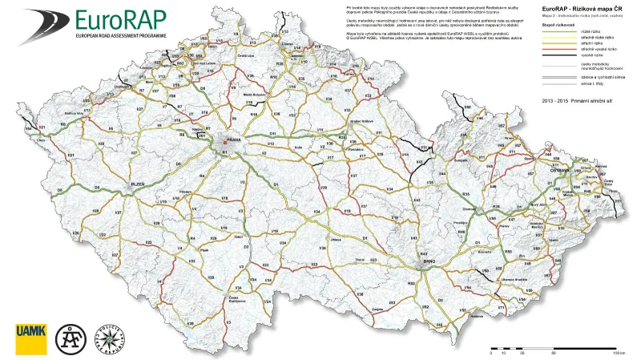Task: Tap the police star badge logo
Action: [x=107, y=338]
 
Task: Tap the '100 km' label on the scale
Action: [x=618, y=353]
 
